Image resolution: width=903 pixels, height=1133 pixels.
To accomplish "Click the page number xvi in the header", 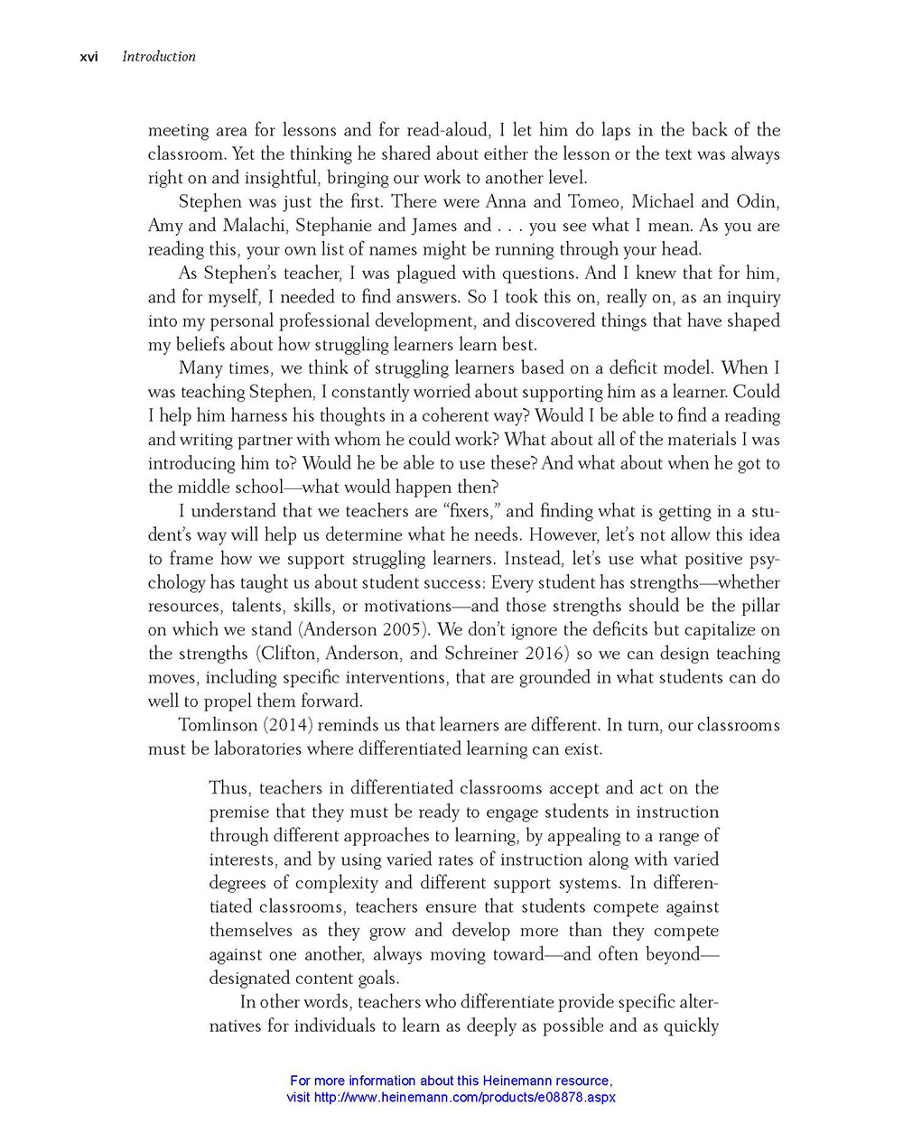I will coord(88,56).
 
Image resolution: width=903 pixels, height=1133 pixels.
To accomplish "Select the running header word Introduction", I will coord(159,56).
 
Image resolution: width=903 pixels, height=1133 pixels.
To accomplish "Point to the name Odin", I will coord(758,201).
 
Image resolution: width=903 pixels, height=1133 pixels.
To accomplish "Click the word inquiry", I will coord(750,297).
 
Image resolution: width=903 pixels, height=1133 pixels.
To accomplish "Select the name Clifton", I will coord(288,654).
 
